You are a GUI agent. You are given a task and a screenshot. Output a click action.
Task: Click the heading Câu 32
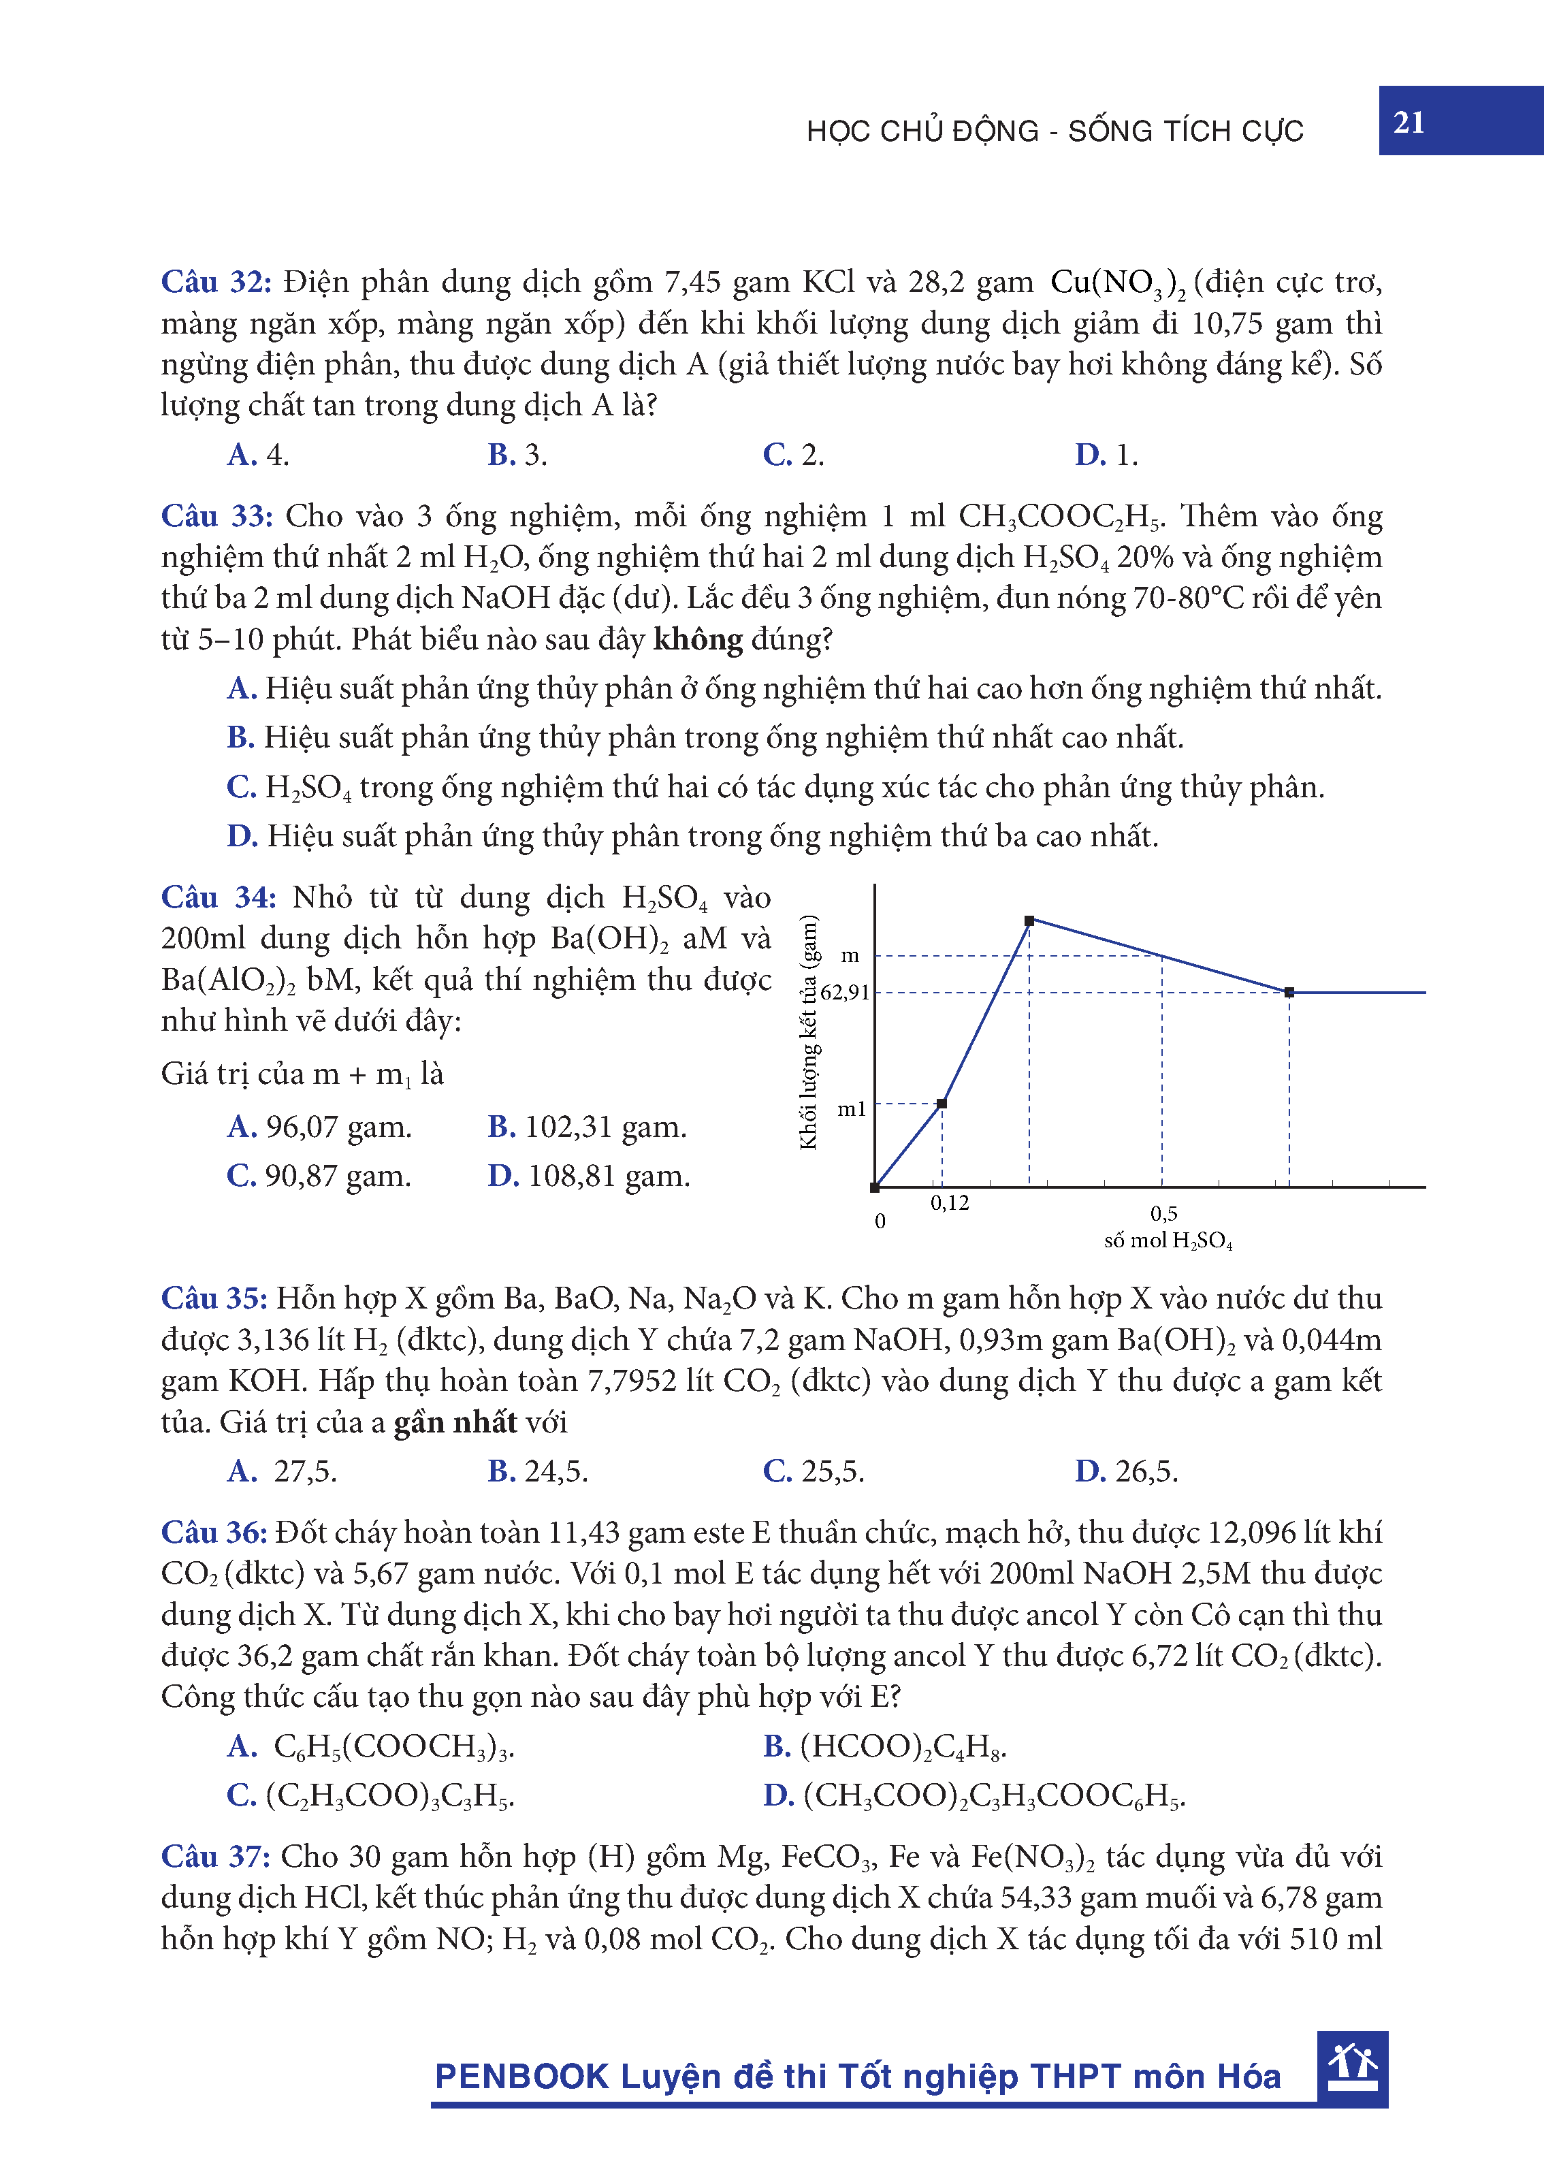click(216, 283)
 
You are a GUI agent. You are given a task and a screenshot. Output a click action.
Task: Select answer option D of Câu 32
click(1106, 455)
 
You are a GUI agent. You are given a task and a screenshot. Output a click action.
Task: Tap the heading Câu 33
click(216, 516)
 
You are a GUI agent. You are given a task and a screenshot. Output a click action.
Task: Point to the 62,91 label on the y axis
click(844, 993)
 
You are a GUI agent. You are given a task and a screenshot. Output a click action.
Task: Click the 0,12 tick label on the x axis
click(949, 1204)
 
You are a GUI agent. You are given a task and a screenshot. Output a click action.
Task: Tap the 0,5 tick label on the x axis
click(1163, 1214)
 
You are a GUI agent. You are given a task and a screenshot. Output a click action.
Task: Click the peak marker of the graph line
click(1029, 920)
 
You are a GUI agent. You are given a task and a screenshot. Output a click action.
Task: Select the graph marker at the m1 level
click(942, 1104)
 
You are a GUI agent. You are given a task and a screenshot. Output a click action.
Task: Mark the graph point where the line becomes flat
click(1289, 993)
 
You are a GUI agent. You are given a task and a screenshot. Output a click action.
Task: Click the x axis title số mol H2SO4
click(1168, 1240)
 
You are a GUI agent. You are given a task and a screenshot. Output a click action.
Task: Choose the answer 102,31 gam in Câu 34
click(587, 1127)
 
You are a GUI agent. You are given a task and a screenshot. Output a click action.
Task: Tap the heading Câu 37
click(216, 1857)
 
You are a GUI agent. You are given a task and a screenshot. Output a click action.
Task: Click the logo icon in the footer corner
click(1352, 2067)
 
